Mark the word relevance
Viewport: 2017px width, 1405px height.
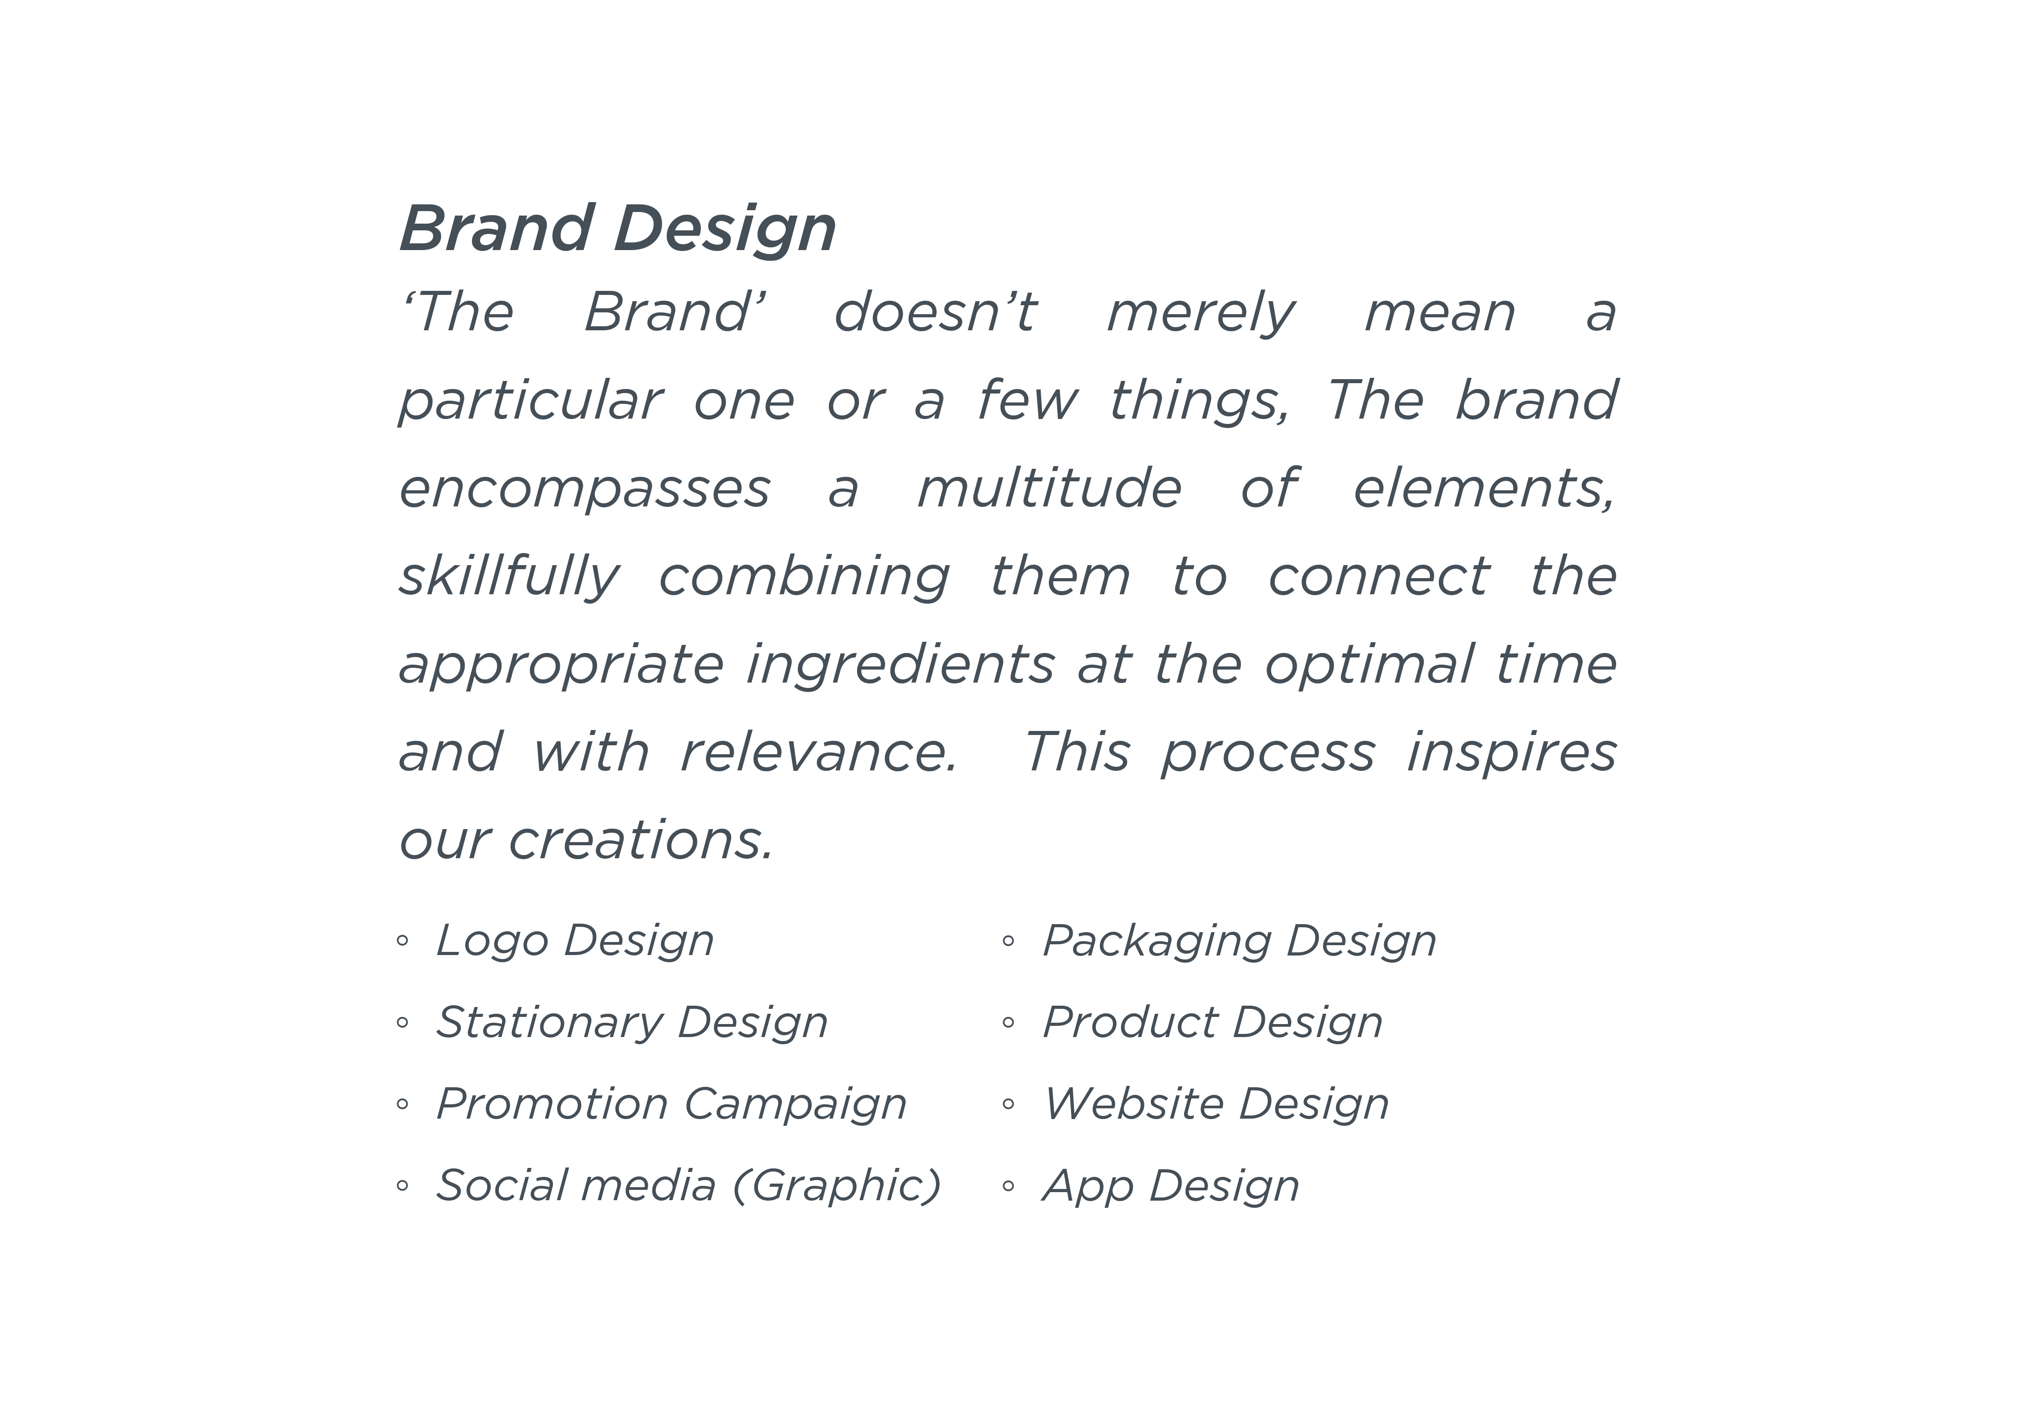coord(819,752)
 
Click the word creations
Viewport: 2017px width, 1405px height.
coord(641,840)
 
